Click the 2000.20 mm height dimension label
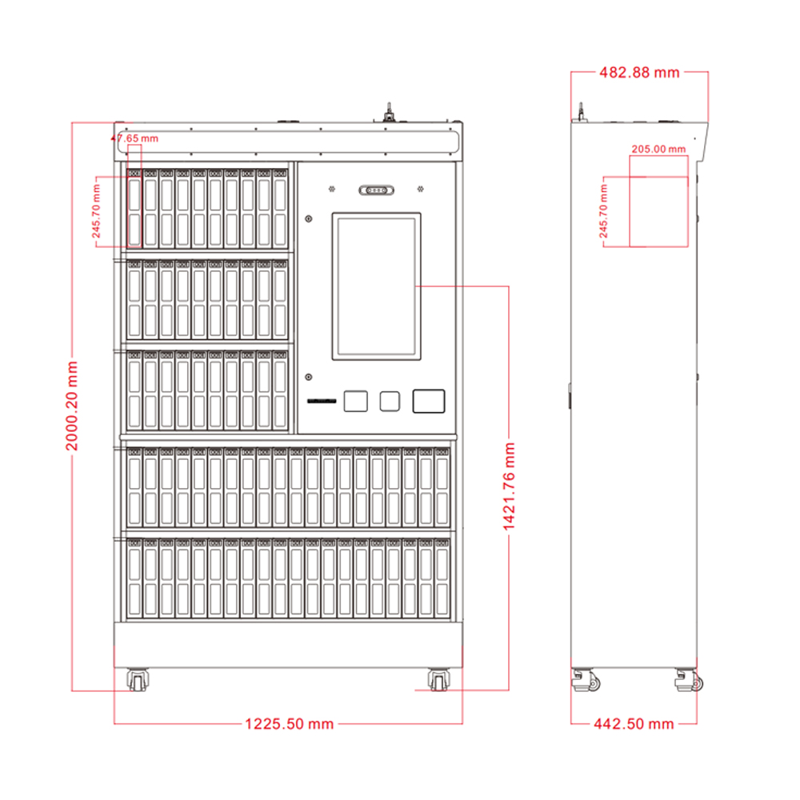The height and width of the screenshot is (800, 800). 72,406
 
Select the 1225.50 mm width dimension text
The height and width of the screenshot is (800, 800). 288,724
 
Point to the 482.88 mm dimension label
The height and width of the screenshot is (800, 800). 639,73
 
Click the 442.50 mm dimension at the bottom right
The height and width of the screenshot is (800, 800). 634,724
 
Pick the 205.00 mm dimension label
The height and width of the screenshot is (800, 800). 658,149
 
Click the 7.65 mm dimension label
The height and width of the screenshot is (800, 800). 138,138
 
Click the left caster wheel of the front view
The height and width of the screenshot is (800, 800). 138,681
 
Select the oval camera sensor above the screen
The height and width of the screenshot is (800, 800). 376,190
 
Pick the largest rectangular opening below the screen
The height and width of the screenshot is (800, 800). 429,401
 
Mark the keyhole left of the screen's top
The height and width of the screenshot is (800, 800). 308,218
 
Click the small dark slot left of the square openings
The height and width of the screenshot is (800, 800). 322,402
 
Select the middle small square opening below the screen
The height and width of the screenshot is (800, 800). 389,401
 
